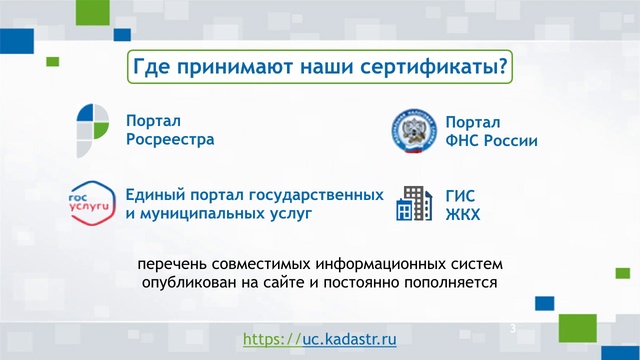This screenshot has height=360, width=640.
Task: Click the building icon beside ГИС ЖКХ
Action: coord(411,204)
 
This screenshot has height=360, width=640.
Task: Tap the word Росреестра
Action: coord(170,140)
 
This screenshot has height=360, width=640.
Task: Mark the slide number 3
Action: coord(513,329)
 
